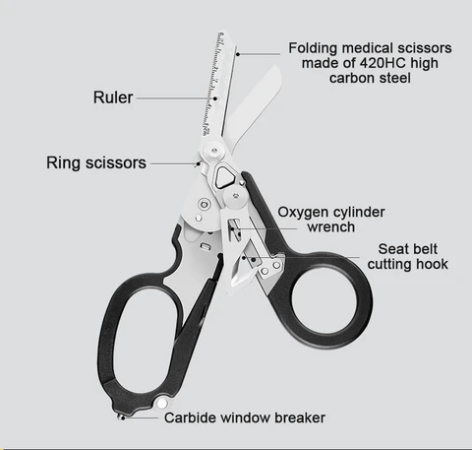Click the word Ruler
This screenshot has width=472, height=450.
pos(113,97)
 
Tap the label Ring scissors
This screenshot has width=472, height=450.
pos(96,162)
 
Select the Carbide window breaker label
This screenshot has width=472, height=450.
pos(245,418)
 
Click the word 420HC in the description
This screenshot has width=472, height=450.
pos(383,63)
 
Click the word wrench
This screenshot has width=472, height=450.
pos(331,227)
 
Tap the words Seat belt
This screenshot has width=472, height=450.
pos(407,249)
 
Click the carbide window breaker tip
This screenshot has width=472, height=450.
pos(121,418)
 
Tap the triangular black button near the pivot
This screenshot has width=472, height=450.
pos(224,177)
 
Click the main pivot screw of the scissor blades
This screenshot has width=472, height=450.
pos(214,151)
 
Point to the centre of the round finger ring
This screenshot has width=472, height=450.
pos(324,301)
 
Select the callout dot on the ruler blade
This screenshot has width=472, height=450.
pos(215,98)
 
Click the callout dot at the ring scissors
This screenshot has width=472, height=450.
pos(198,163)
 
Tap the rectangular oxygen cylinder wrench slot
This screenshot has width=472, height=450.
pos(234,229)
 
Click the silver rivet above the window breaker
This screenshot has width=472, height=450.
pos(161,404)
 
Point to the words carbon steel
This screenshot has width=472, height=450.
pos(370,78)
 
